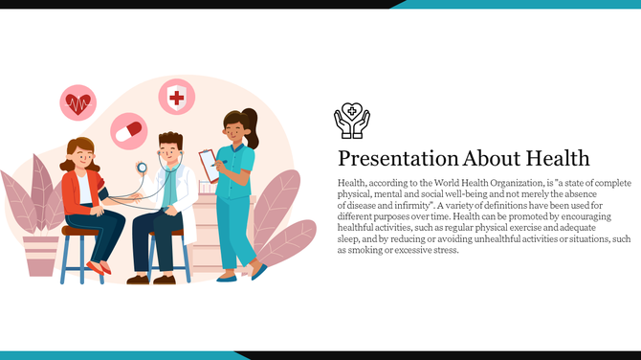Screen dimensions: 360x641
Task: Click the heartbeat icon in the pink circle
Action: [x=78, y=102]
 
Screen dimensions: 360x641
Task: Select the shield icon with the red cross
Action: [x=175, y=97]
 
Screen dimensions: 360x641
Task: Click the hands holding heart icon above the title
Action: [x=351, y=121]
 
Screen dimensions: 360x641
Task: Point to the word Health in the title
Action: [x=556, y=158]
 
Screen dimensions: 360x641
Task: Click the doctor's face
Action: [x=171, y=150]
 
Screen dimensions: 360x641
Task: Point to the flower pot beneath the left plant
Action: [x=40, y=254]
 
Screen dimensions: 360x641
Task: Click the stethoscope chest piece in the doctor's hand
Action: [x=142, y=168]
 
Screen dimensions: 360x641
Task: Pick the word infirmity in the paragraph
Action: [x=414, y=205]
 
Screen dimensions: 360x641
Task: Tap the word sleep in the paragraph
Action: [x=348, y=239]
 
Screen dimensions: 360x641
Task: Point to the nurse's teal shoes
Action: [x=239, y=275]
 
